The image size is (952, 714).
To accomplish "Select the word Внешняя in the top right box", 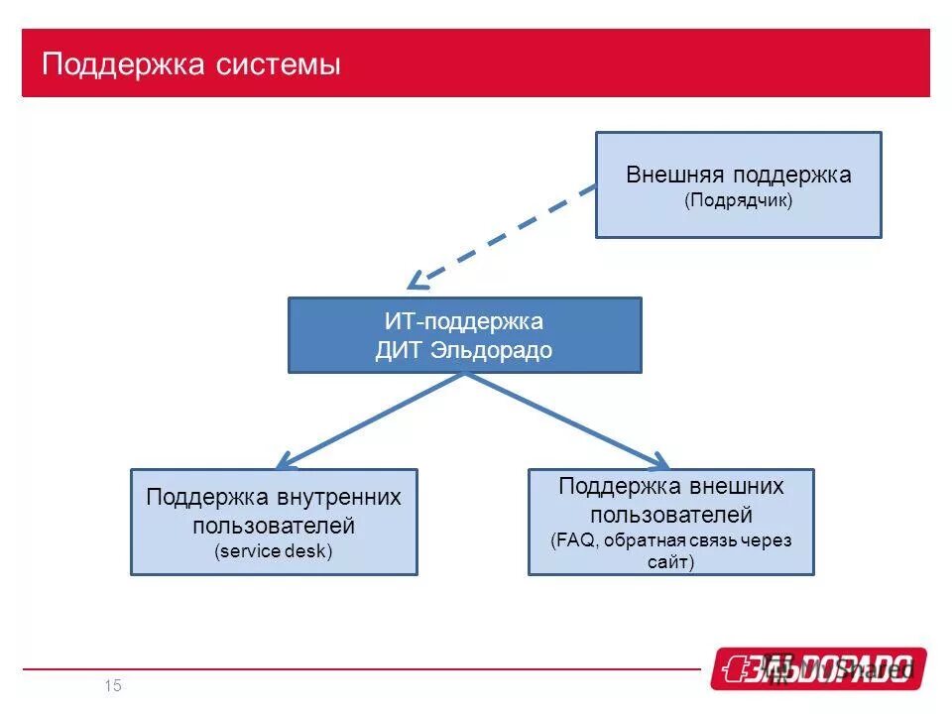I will [675, 176].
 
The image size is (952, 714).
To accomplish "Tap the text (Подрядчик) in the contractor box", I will [738, 200].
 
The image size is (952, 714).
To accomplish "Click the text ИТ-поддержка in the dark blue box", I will [464, 322].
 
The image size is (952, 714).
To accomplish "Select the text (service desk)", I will [274, 551].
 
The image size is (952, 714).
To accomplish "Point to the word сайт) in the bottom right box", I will [670, 562].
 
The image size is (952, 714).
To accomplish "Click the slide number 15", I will [112, 686].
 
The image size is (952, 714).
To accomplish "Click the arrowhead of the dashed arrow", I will [416, 280].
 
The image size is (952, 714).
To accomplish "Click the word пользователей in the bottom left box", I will [274, 526].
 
